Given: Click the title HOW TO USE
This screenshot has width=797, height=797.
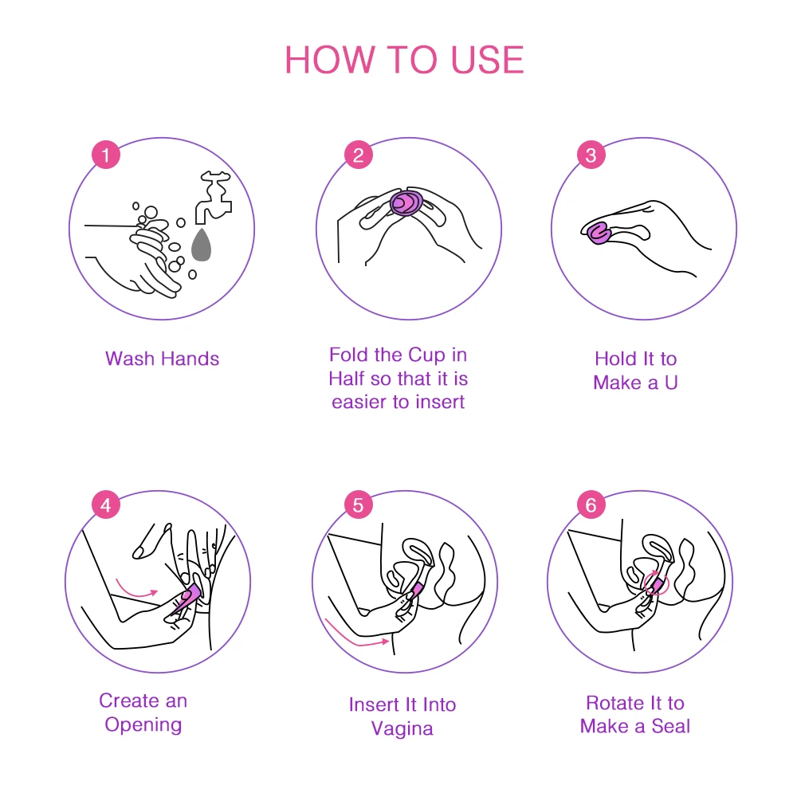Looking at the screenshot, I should pyautogui.click(x=404, y=61).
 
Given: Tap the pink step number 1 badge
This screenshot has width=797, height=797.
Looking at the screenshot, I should pyautogui.click(x=106, y=155).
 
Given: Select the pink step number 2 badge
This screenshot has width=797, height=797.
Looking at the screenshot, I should pyautogui.click(x=358, y=155).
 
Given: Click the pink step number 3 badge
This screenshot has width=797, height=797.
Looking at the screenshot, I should pyautogui.click(x=591, y=155).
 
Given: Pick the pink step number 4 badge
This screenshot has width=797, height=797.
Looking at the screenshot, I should pyautogui.click(x=106, y=505).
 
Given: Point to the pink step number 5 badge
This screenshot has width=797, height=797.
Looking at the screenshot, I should pyautogui.click(x=358, y=505).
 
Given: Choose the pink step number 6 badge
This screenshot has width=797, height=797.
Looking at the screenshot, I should pyautogui.click(x=591, y=505).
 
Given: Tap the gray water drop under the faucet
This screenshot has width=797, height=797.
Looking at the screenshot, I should pyautogui.click(x=202, y=245).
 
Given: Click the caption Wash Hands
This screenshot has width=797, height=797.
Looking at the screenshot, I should pyautogui.click(x=162, y=359).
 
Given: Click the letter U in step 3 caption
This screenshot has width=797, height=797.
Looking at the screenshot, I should pyautogui.click(x=670, y=383).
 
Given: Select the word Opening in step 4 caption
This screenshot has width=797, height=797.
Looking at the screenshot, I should pyautogui.click(x=143, y=724).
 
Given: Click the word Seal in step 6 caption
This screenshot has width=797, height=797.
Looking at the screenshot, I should pyautogui.click(x=670, y=726).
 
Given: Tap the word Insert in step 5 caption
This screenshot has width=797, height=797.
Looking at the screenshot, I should pyautogui.click(x=373, y=705).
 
